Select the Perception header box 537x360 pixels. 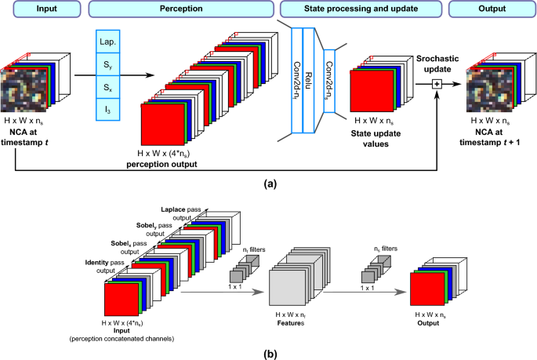pyautogui.click(x=181, y=9)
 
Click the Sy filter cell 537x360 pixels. pyautogui.click(x=105, y=60)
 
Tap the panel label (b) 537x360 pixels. pyautogui.click(x=269, y=351)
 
